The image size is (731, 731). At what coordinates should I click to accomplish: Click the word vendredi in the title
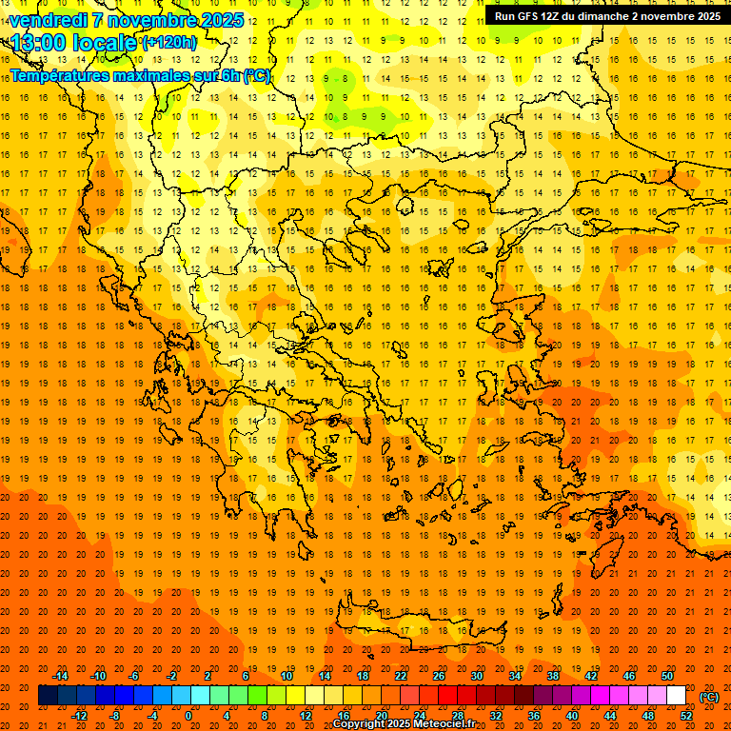pos(49,20)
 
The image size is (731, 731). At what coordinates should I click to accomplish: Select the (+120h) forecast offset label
pos(169,43)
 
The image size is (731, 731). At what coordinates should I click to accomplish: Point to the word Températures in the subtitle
pos(57,75)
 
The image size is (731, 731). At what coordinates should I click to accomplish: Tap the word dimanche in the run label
pos(600,16)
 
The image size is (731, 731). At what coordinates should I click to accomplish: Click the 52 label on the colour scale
pos(687,716)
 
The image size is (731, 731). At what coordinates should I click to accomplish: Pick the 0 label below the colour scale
pos(188,716)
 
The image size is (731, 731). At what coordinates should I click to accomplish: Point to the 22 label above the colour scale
pos(401,676)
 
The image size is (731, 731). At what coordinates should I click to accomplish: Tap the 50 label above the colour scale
pos(667,676)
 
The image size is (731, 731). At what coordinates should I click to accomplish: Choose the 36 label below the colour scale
pos(534,716)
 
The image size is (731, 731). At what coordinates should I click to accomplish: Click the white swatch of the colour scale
pos(677,696)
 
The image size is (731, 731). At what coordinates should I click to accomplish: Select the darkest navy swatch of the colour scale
pos(48,696)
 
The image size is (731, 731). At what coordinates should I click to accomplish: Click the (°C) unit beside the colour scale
pos(709,696)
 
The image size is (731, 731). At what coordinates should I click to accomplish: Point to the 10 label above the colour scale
pos(286,676)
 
